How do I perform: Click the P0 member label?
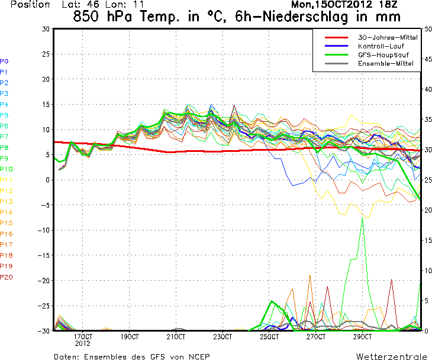pos(4,61)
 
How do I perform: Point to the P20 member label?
pos(6,277)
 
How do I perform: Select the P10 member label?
pos(6,169)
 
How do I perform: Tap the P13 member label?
pos(6,202)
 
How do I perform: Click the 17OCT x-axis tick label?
pos(82,336)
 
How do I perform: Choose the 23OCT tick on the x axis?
pos(223,336)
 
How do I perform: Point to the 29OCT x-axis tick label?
pos(362,336)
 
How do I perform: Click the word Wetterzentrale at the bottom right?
pos(391,356)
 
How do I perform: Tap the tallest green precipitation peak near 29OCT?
pos(362,218)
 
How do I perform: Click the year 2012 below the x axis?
pos(82,343)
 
